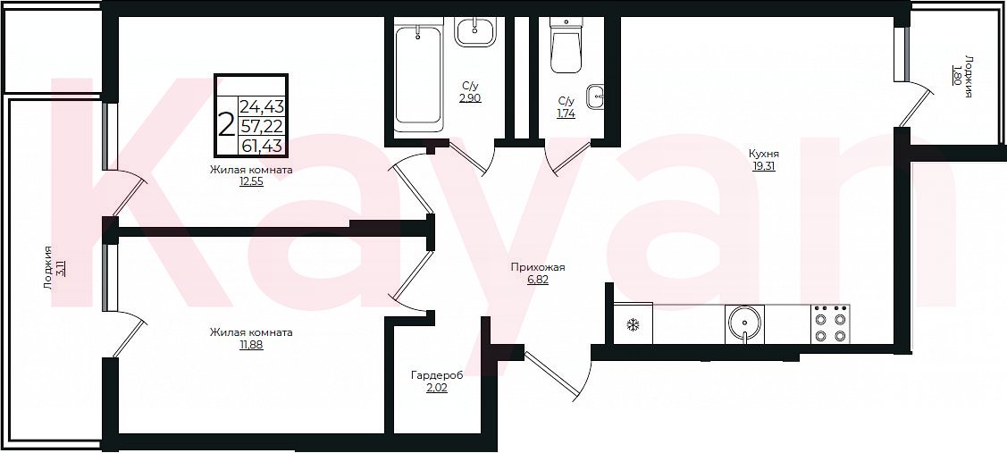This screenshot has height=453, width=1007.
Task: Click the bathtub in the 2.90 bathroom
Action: tap(418, 77)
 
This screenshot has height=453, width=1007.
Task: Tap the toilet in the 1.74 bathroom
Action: tap(566, 46)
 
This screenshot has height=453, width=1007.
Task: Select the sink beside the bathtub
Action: tap(476, 31)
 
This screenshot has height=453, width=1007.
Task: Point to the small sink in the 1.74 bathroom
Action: tap(596, 97)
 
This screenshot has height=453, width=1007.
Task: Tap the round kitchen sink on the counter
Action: tap(745, 323)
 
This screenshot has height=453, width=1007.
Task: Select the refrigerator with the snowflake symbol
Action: tap(634, 323)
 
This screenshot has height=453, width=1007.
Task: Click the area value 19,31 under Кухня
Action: tap(764, 166)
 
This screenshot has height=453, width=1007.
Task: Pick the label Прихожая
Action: tap(538, 268)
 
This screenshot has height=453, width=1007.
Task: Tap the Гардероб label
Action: tap(437, 375)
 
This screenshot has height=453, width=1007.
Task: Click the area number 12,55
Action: tap(251, 181)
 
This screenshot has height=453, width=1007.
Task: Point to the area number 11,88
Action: tap(250, 344)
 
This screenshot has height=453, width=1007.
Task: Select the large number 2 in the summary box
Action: tap(225, 125)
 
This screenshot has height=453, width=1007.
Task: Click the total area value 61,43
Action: tap(263, 145)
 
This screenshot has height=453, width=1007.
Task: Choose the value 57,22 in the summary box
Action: tap(263, 125)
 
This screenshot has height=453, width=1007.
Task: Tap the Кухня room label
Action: tap(764, 155)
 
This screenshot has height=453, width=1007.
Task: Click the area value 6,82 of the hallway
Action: tap(538, 281)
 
